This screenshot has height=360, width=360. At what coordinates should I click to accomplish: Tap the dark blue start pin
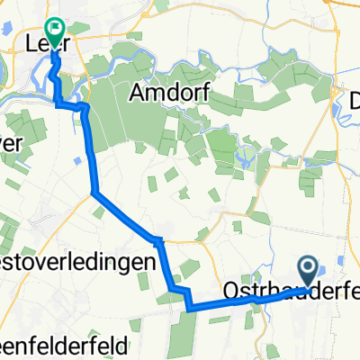[x=307, y=268]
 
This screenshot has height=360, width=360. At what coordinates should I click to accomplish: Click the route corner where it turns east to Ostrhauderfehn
[x=190, y=308]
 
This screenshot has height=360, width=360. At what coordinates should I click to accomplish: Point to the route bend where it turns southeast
[x=94, y=192]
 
